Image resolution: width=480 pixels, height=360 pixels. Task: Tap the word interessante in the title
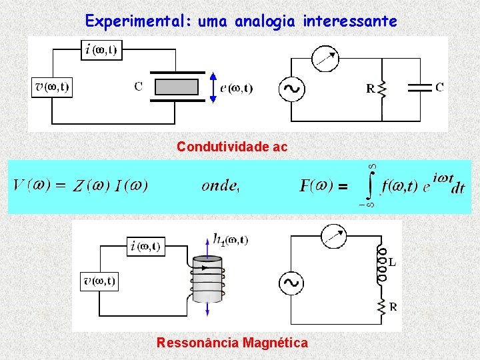click(350, 21)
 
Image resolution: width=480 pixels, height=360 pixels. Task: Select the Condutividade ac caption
click(232, 147)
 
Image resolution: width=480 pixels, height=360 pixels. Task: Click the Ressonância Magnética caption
click(232, 343)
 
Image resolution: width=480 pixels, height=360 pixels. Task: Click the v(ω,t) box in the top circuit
click(51, 87)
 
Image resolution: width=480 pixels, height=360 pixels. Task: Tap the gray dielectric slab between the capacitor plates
click(177, 87)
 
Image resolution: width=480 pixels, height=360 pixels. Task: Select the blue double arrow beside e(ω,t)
click(213, 88)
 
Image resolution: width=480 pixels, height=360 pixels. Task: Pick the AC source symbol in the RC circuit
click(291, 88)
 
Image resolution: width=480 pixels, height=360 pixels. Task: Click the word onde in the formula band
click(219, 186)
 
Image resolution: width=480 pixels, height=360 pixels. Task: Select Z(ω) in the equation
click(91, 186)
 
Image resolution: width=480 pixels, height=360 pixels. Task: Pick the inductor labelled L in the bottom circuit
click(381, 263)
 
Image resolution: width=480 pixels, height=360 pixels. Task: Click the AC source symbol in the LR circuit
click(291, 283)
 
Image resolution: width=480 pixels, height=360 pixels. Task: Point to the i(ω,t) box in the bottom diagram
click(145, 246)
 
